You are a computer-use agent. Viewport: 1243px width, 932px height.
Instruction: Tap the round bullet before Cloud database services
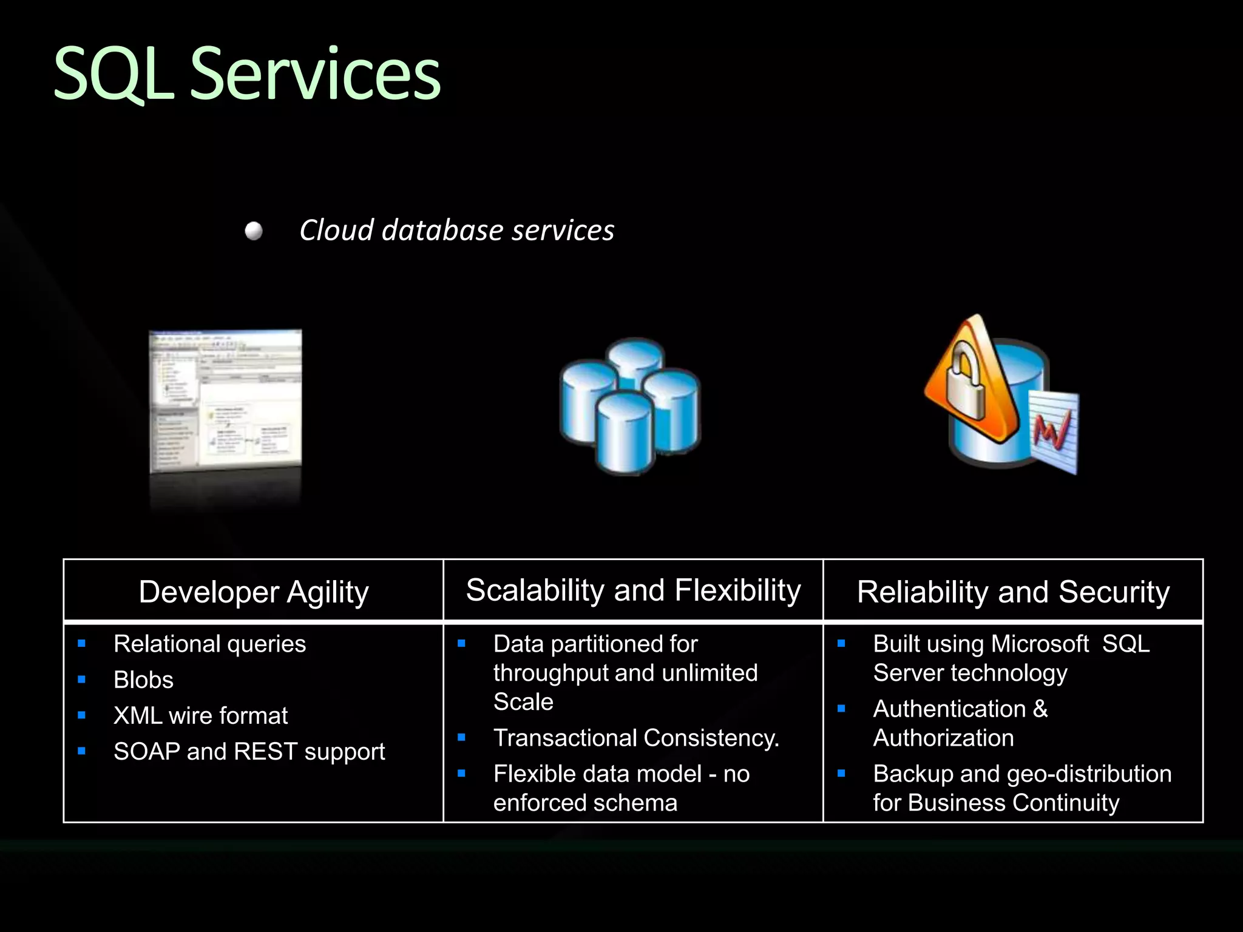pyautogui.click(x=254, y=231)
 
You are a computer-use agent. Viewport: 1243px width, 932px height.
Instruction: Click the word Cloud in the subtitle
pyautogui.click(x=336, y=231)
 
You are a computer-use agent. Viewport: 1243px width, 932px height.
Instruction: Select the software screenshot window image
pyautogui.click(x=225, y=400)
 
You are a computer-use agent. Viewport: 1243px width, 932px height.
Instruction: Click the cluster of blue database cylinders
pyautogui.click(x=630, y=407)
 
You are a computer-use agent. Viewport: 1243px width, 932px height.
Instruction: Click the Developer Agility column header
pyautogui.click(x=254, y=592)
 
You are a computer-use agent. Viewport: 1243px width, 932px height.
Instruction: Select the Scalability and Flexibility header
pyautogui.click(x=633, y=590)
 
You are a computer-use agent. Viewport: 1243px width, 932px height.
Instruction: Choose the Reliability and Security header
pyautogui.click(x=1013, y=592)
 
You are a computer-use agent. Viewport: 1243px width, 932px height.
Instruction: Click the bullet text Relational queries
pyautogui.click(x=209, y=644)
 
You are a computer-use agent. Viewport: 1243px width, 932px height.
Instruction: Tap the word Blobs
pyautogui.click(x=143, y=680)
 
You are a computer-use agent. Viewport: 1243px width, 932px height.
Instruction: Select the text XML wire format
pyautogui.click(x=200, y=715)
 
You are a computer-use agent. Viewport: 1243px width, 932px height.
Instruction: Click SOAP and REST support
pyautogui.click(x=249, y=751)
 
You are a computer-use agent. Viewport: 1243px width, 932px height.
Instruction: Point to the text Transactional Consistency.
pyautogui.click(x=635, y=738)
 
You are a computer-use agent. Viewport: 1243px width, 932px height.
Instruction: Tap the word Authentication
pyautogui.click(x=949, y=709)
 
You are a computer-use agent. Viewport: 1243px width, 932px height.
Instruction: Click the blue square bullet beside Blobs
pyautogui.click(x=82, y=680)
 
